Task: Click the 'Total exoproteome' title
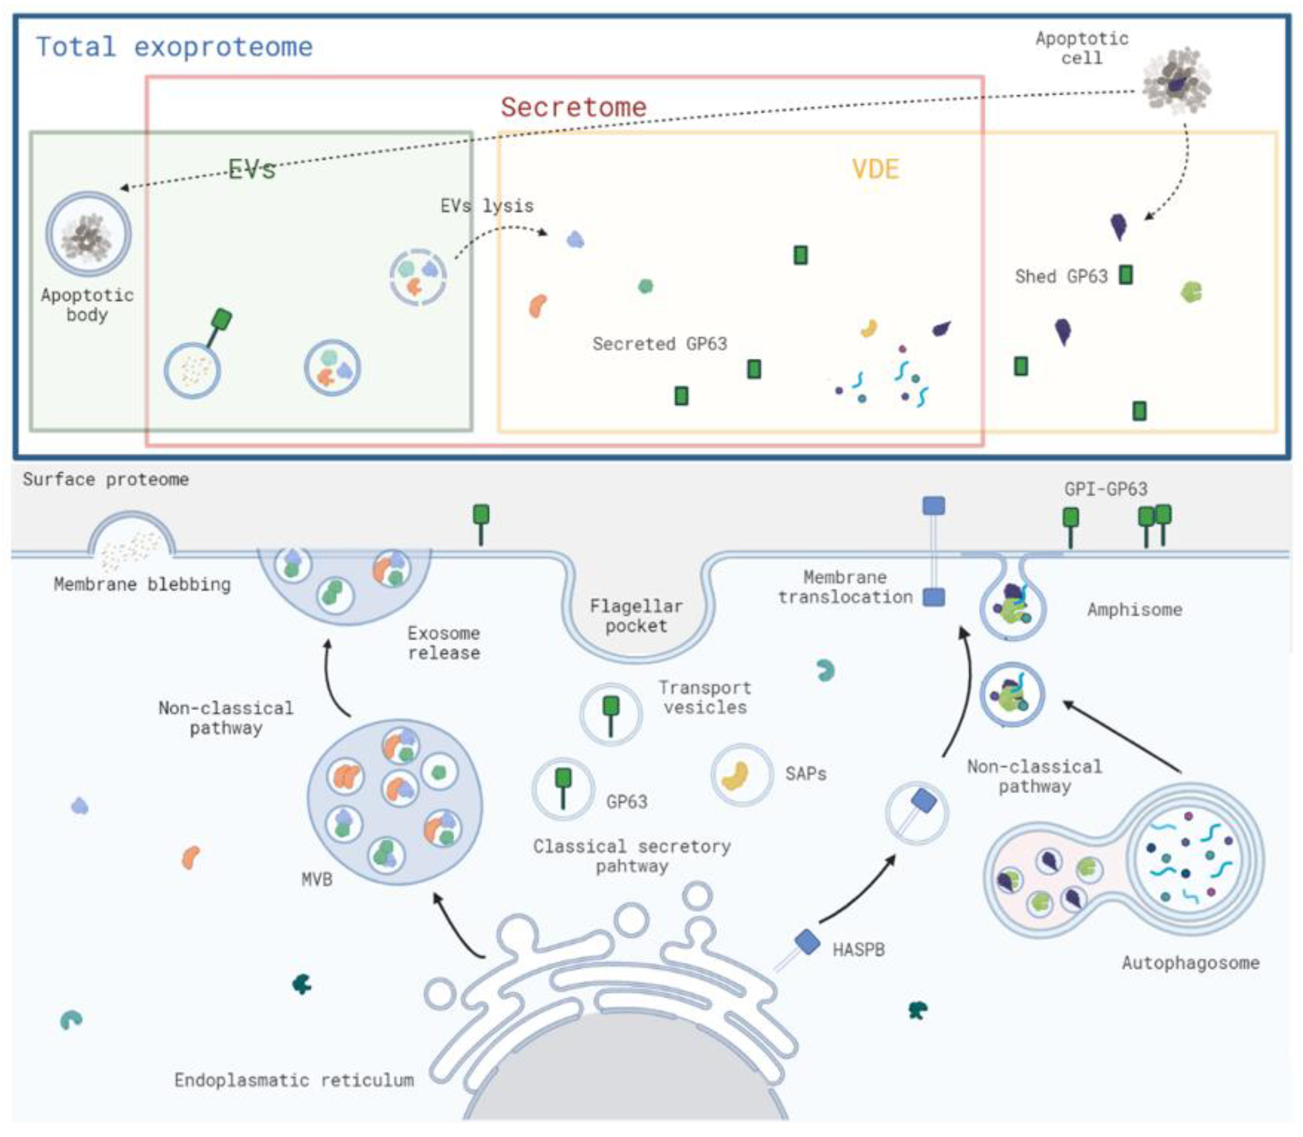[174, 47]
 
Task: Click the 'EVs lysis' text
[487, 206]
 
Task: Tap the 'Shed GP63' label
[1060, 277]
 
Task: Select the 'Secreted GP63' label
[660, 344]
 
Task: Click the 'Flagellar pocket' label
[636, 616]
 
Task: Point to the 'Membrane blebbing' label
[142, 584]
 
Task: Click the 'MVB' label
[317, 880]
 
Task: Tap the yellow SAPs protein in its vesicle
[736, 775]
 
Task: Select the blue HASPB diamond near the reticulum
[807, 941]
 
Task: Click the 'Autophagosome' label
[1190, 963]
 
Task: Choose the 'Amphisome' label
[1134, 610]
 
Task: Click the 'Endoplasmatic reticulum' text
[294, 1080]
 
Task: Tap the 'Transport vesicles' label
[705, 697]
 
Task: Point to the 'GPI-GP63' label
[1105, 489]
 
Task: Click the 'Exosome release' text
[444, 643]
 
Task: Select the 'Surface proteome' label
[106, 479]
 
